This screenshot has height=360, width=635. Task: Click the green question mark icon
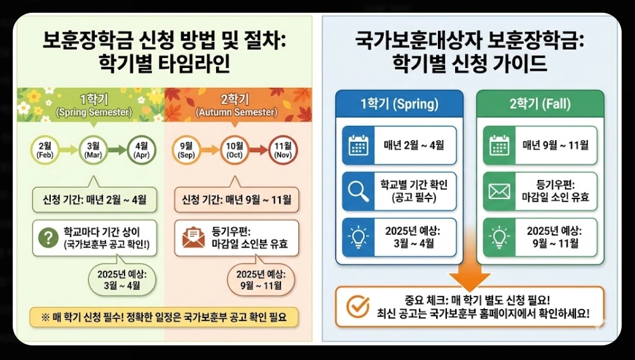point(48,237)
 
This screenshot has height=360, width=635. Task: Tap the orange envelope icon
point(193,237)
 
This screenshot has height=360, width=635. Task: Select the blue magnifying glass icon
point(358,191)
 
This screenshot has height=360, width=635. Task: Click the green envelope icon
point(500,191)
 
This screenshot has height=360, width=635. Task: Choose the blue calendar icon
point(358,145)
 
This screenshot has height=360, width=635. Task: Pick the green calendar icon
point(500,145)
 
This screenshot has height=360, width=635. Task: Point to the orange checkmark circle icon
point(358,307)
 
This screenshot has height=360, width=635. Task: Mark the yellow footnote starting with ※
point(163,317)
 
